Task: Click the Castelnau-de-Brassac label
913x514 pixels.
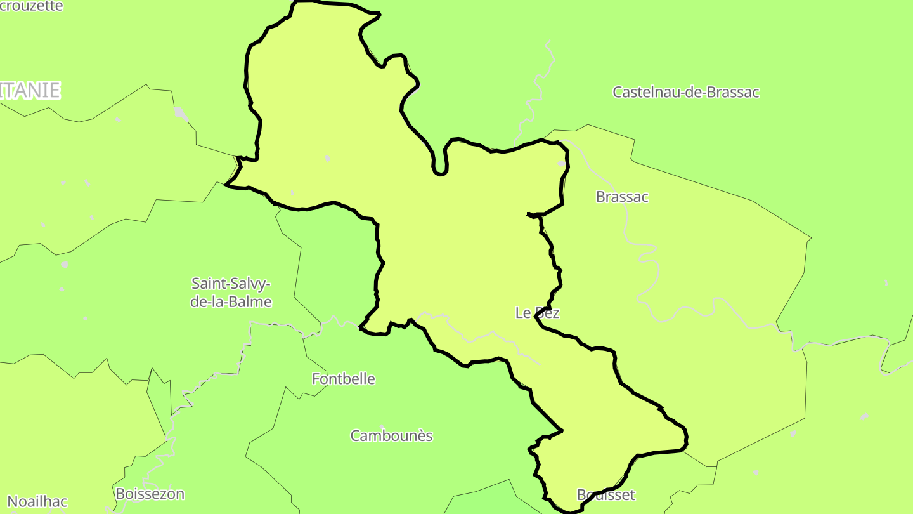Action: (x=685, y=92)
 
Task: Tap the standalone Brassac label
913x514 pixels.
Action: (x=622, y=197)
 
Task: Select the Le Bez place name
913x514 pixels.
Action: (x=537, y=313)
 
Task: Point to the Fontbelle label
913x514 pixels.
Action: (x=344, y=379)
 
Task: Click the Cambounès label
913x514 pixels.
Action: (x=391, y=435)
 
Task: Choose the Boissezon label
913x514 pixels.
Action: (x=150, y=494)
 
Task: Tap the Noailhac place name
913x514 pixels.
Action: (x=37, y=501)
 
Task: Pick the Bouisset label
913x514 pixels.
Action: (x=605, y=495)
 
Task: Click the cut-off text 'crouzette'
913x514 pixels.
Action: (x=32, y=6)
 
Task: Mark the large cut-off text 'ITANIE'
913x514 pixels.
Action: (x=30, y=90)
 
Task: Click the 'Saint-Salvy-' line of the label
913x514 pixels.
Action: (x=231, y=283)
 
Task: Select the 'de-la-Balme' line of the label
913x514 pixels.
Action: (x=231, y=302)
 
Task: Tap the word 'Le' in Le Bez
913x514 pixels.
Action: (x=522, y=313)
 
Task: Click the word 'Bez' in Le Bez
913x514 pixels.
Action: (x=547, y=313)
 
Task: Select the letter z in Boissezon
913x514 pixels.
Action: (x=164, y=494)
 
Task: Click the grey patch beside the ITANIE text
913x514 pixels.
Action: (x=181, y=114)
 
